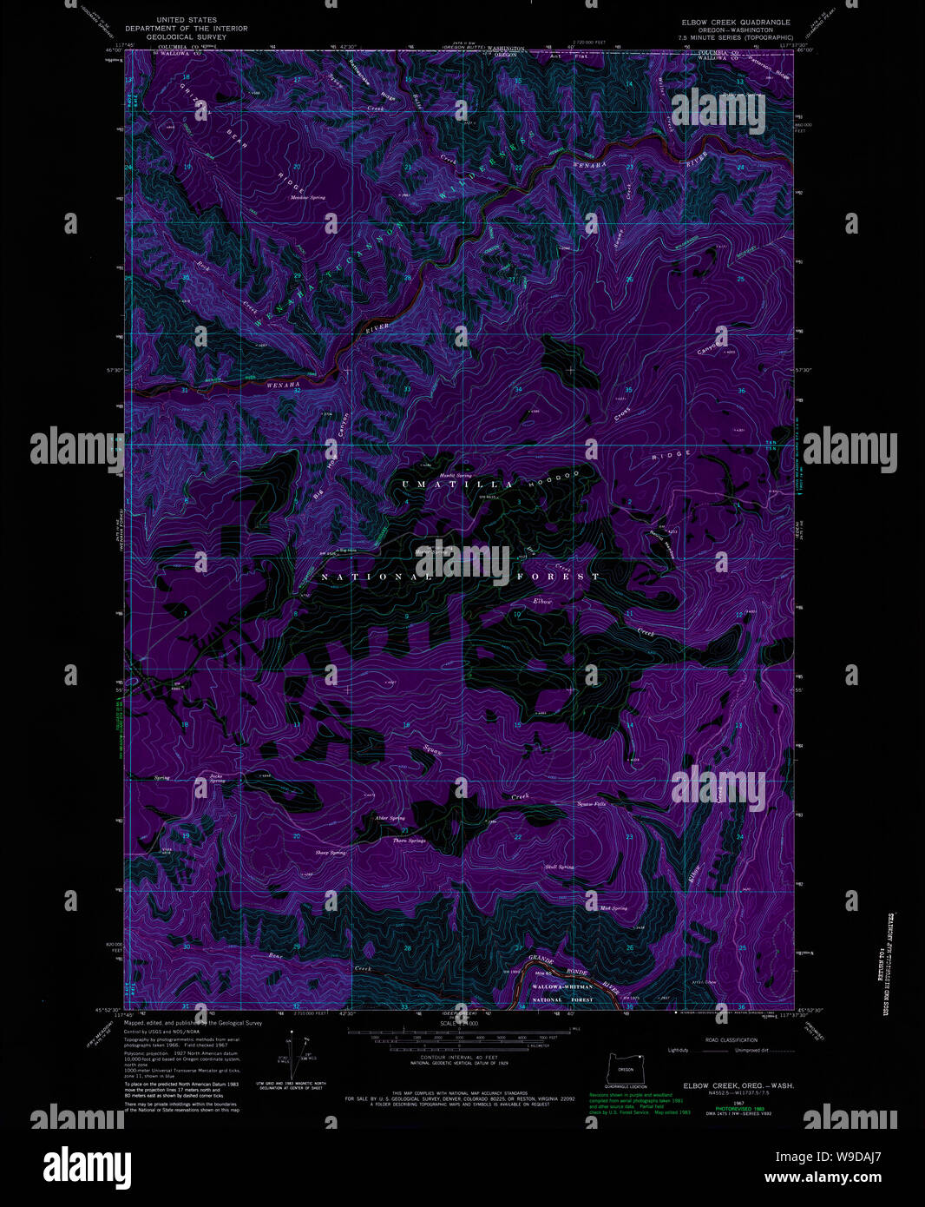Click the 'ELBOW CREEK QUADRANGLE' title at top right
737,22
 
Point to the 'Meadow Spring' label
308,198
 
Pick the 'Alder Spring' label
390,818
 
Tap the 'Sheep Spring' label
331,853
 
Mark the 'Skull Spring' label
559,867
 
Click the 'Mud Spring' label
613,908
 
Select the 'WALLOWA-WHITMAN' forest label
561,987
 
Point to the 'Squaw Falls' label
592,804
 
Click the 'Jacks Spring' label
217,778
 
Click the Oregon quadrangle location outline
625,1069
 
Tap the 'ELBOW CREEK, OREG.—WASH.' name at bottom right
738,1086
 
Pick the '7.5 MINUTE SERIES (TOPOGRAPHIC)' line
737,37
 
